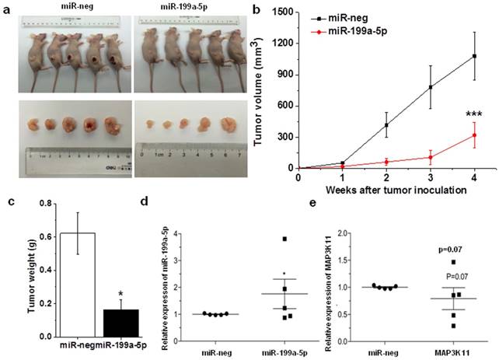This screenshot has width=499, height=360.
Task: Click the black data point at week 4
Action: click(x=473, y=56)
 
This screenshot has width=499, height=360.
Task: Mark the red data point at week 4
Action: click(x=473, y=135)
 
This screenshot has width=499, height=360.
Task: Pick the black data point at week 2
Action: click(x=386, y=124)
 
